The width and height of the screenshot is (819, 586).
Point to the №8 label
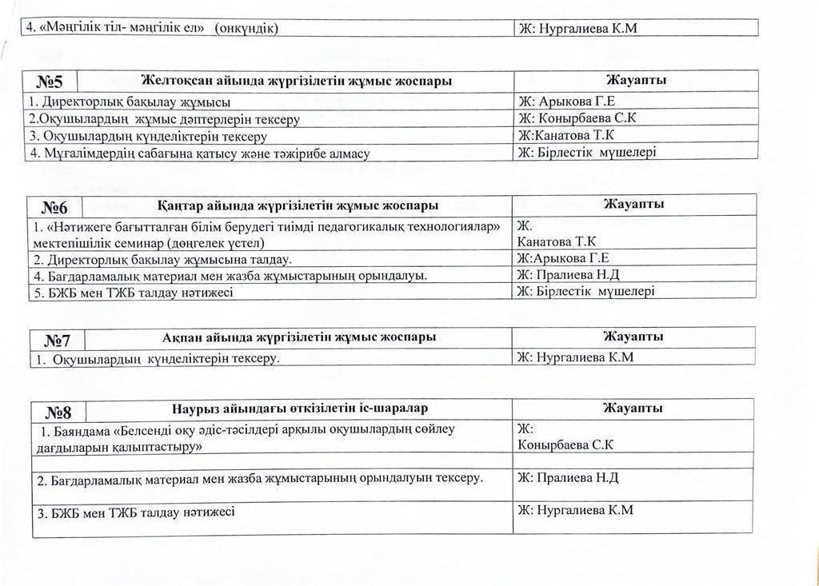(x=58, y=412)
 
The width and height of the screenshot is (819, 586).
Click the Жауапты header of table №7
(x=633, y=337)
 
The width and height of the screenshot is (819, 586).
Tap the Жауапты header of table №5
(x=636, y=80)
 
